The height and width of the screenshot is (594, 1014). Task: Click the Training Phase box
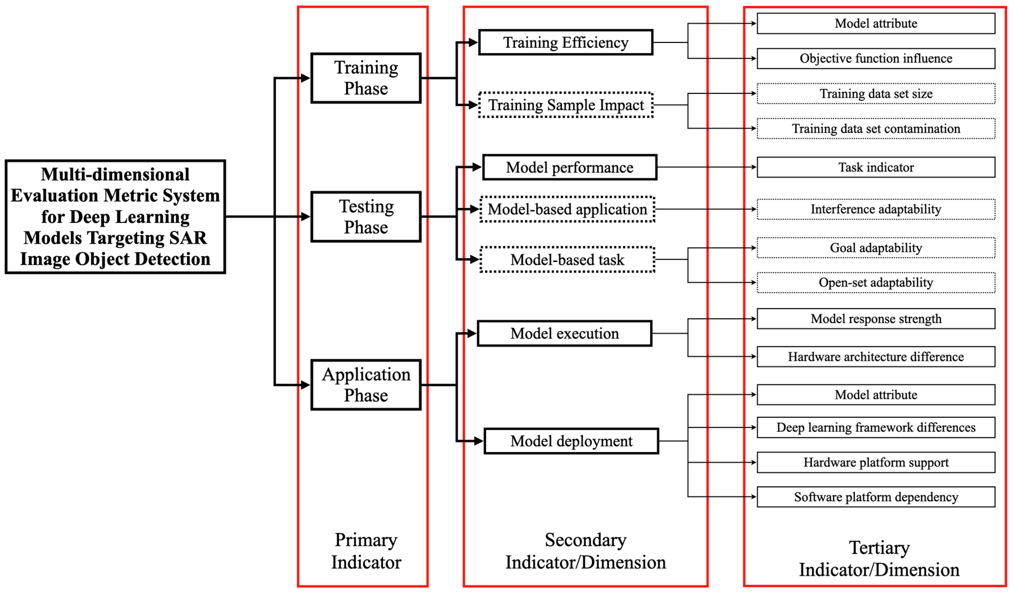(x=366, y=78)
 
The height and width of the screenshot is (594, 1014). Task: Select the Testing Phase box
(x=366, y=217)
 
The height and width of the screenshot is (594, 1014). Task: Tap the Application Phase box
(x=366, y=385)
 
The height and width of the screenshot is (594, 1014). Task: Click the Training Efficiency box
(x=565, y=42)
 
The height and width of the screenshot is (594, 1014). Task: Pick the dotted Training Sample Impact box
(x=565, y=105)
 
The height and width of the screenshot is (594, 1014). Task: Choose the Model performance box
(x=569, y=167)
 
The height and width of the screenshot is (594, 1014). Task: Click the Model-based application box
(x=567, y=209)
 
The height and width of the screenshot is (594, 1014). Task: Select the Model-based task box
(x=567, y=260)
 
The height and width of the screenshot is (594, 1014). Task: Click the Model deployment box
(x=571, y=441)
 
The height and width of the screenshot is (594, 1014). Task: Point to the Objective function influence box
(x=876, y=58)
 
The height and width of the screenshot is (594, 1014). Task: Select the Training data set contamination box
(x=876, y=129)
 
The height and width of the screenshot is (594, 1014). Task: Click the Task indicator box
(x=876, y=167)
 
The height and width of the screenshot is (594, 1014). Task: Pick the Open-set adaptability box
(x=876, y=283)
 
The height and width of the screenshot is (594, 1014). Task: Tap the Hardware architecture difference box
(x=876, y=357)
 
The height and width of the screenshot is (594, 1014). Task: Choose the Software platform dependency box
(x=876, y=497)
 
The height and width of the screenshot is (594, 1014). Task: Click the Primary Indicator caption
(x=366, y=551)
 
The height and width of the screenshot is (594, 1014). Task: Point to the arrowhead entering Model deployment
(x=479, y=441)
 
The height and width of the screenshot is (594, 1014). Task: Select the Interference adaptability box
(x=876, y=209)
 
